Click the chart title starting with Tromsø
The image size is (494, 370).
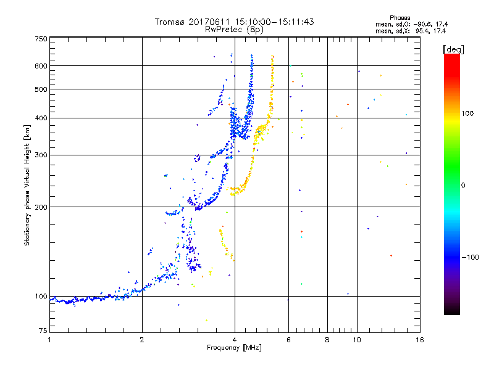pyautogui.click(x=234, y=22)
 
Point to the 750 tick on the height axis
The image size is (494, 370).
pyautogui.click(x=41, y=39)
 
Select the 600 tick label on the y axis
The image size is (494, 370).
pyautogui.click(x=41, y=66)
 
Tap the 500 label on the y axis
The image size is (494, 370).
pyautogui.click(x=41, y=89)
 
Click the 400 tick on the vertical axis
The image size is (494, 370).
pyautogui.click(x=41, y=118)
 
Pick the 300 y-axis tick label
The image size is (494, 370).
pyautogui.click(x=41, y=155)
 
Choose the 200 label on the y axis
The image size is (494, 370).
pyautogui.click(x=41, y=207)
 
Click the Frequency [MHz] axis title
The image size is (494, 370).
pyautogui.click(x=234, y=348)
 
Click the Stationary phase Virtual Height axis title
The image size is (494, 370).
pyautogui.click(x=27, y=186)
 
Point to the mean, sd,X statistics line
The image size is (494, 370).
pyautogui.click(x=411, y=30)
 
